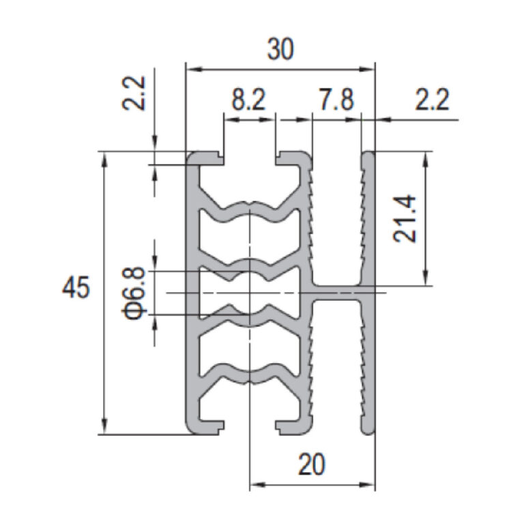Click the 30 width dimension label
(x=280, y=49)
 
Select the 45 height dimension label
(x=76, y=287)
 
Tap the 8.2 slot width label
(x=248, y=100)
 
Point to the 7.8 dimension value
(x=336, y=100)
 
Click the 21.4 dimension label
(x=405, y=219)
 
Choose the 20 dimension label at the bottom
(x=311, y=465)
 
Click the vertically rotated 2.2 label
(x=133, y=93)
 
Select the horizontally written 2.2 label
(x=432, y=100)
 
